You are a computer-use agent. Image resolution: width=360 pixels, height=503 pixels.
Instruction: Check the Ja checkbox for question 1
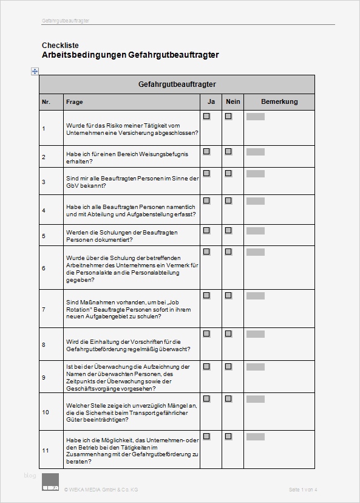[x=206, y=116]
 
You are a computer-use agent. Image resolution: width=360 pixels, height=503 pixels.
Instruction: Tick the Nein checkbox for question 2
[x=228, y=151]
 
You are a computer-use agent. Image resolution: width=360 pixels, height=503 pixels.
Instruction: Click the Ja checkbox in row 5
[x=206, y=231]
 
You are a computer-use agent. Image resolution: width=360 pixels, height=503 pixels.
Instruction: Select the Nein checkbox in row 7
[x=228, y=295]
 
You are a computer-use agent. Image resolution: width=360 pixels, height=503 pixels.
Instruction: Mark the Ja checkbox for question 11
[x=206, y=436]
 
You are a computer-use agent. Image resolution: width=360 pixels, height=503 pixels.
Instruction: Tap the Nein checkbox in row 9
[x=228, y=366]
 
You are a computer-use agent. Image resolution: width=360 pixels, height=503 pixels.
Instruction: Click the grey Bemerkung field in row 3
[x=255, y=174]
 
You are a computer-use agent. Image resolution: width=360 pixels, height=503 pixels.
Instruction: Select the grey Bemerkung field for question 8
[x=255, y=334]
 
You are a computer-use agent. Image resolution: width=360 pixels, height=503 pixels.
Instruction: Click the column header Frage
[x=75, y=102]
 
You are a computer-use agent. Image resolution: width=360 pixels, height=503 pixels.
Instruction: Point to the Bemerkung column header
[x=279, y=102]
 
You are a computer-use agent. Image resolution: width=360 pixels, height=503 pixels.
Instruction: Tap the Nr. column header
[x=46, y=102]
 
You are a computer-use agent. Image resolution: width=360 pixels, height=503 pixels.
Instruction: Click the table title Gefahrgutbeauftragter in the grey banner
[x=177, y=84]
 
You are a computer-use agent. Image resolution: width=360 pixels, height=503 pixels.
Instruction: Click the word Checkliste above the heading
[x=60, y=46]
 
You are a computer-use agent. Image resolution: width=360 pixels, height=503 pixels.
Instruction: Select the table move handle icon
[x=35, y=71]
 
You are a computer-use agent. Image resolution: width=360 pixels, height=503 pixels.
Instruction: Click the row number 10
[x=45, y=412]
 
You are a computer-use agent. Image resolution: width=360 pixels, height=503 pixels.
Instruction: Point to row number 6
[x=44, y=268]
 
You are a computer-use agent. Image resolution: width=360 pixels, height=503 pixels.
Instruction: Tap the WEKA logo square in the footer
[x=50, y=482]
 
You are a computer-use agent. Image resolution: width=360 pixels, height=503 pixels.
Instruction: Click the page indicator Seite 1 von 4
[x=303, y=490]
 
